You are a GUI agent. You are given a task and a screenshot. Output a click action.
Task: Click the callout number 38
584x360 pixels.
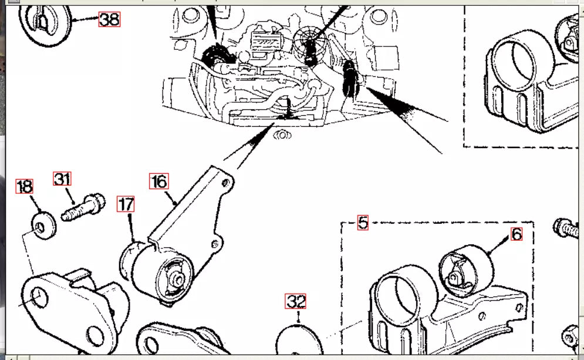pyautogui.click(x=109, y=19)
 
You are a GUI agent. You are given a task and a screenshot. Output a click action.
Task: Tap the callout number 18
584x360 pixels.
pyautogui.click(x=24, y=187)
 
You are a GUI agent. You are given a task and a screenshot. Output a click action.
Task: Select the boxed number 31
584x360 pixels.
pyautogui.click(x=63, y=179)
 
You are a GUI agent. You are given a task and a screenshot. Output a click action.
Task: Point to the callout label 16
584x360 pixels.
pyautogui.click(x=159, y=181)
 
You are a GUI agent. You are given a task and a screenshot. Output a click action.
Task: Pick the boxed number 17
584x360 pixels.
pyautogui.click(x=126, y=204)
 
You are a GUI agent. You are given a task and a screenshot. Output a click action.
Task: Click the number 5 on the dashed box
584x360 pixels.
pyautogui.click(x=363, y=223)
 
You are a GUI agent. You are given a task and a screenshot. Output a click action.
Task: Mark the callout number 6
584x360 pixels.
pyautogui.click(x=516, y=234)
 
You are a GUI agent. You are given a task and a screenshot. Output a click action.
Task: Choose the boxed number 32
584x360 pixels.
pyautogui.click(x=296, y=302)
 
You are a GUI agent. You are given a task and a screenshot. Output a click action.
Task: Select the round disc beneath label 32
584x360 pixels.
pyautogui.click(x=299, y=343)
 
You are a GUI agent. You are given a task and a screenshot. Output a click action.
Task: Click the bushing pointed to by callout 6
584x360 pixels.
pyautogui.click(x=465, y=270)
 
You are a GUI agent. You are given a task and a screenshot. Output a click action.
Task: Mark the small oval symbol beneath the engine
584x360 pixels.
pyautogui.click(x=282, y=134)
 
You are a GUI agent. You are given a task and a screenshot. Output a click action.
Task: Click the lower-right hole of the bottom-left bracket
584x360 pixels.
pyautogui.click(x=95, y=337)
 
